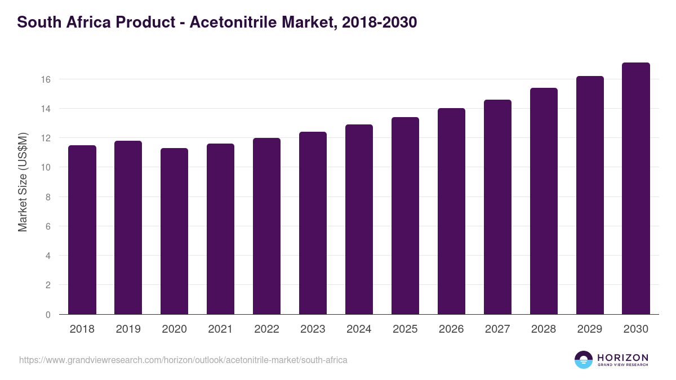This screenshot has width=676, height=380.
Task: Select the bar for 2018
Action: tap(82, 230)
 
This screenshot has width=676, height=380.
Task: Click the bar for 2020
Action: tap(174, 231)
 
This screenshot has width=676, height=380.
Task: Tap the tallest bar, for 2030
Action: tap(636, 189)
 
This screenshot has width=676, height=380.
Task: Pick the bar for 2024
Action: tap(359, 220)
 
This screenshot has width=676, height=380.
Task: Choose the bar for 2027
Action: tap(497, 207)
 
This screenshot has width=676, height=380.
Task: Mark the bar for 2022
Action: tap(266, 226)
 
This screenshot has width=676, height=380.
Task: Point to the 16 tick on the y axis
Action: tap(46, 79)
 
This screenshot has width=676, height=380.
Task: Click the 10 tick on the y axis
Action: tap(46, 168)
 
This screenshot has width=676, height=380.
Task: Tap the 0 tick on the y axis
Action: tap(48, 315)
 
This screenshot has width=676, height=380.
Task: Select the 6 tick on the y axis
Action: tap(48, 226)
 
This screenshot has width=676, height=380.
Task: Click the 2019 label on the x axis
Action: tap(128, 329)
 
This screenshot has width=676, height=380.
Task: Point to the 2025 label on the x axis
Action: tap(405, 329)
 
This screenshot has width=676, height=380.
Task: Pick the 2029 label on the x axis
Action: tap(590, 329)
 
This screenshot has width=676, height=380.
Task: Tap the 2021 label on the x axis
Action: tap(220, 329)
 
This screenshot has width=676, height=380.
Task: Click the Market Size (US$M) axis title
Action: tap(23, 182)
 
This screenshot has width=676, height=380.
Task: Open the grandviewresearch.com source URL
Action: tap(183, 360)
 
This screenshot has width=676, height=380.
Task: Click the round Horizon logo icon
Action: tap(584, 360)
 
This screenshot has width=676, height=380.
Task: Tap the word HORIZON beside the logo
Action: tap(622, 357)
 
